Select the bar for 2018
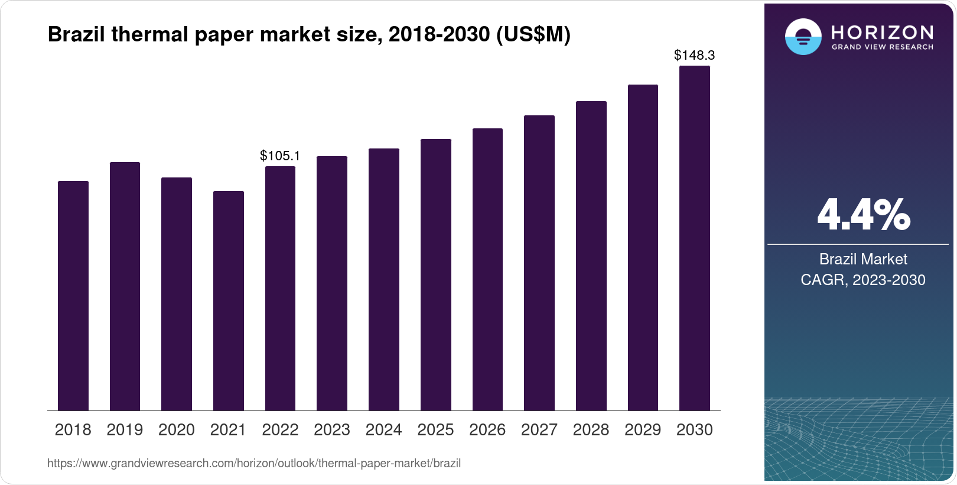(73, 296)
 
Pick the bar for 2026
(487, 269)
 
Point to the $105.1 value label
(280, 156)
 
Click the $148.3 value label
(694, 56)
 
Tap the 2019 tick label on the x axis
(125, 430)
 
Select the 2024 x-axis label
(383, 430)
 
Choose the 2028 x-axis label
(591, 430)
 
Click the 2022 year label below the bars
(280, 430)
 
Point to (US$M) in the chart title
(533, 35)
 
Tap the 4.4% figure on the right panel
(863, 215)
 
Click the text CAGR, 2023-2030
(862, 280)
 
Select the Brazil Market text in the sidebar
(862, 259)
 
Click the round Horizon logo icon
(803, 37)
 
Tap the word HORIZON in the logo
(882, 32)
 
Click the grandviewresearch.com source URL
(254, 463)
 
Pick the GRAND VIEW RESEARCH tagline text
(882, 47)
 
